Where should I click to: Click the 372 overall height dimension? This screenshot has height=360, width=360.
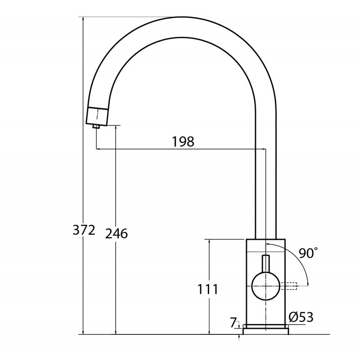pyautogui.click(x=84, y=230)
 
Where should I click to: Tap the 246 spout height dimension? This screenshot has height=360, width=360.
pyautogui.click(x=117, y=234)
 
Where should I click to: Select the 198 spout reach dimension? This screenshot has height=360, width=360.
pyautogui.click(x=183, y=141)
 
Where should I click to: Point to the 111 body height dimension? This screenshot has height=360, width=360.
pyautogui.click(x=208, y=289)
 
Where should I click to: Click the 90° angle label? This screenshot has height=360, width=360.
pyautogui.click(x=308, y=253)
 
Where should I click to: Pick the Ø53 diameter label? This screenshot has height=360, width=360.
pyautogui.click(x=301, y=317)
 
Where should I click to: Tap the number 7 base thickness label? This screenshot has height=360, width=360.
pyautogui.click(x=233, y=323)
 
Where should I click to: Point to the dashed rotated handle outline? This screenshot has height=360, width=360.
pyautogui.click(x=288, y=286)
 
